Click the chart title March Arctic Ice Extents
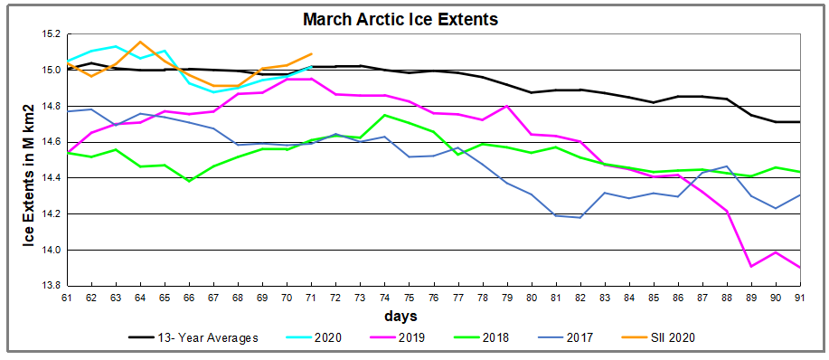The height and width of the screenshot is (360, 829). [400, 20]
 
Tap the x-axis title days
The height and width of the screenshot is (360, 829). [400, 316]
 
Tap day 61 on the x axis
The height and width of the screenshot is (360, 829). [67, 297]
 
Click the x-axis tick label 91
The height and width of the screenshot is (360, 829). [799, 297]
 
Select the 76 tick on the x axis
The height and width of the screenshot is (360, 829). [433, 297]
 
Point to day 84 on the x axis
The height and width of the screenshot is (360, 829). [628, 297]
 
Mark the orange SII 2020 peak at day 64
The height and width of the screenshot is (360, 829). [140, 42]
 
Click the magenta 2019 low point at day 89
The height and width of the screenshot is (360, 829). [750, 267]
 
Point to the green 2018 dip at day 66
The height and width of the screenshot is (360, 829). [189, 181]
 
